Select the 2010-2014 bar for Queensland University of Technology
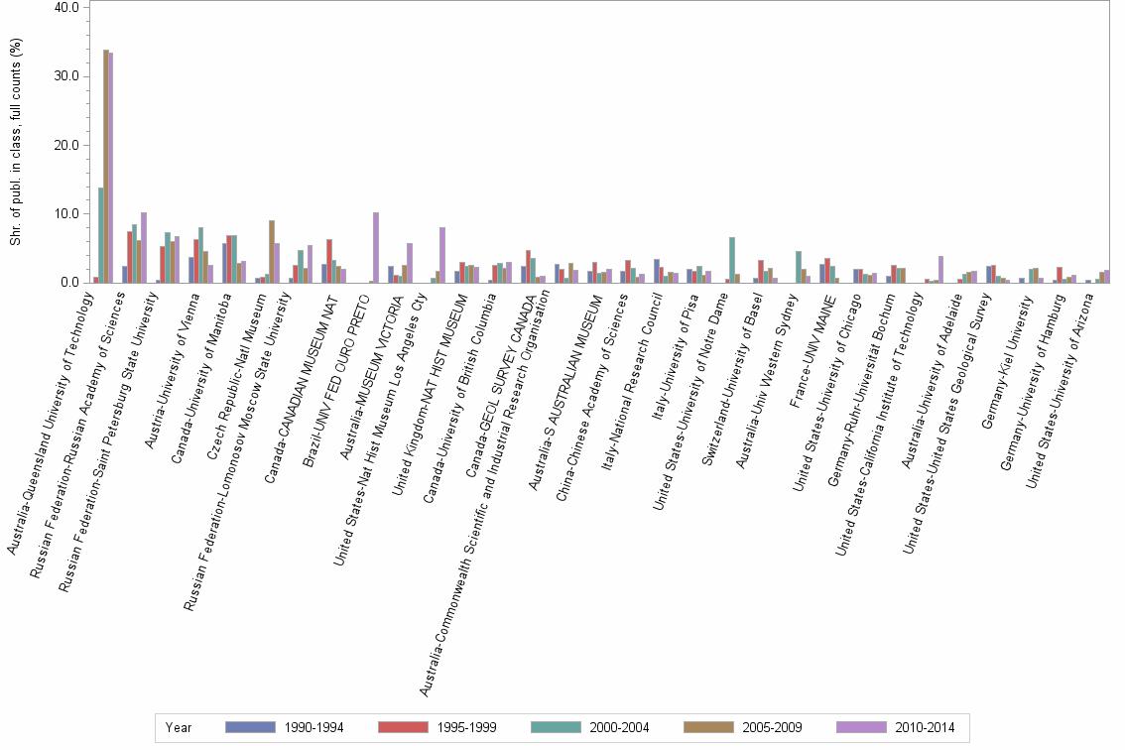[111, 168]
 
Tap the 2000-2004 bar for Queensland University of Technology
[100, 235]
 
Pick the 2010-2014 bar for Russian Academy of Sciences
[144, 248]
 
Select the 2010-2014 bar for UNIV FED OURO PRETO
[376, 248]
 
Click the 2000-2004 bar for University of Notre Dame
[731, 260]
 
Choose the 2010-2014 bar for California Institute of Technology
[940, 270]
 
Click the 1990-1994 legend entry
[284, 727]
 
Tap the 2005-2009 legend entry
[742, 727]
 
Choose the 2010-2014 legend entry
[895, 727]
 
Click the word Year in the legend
[180, 727]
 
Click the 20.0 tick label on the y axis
[66, 145]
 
